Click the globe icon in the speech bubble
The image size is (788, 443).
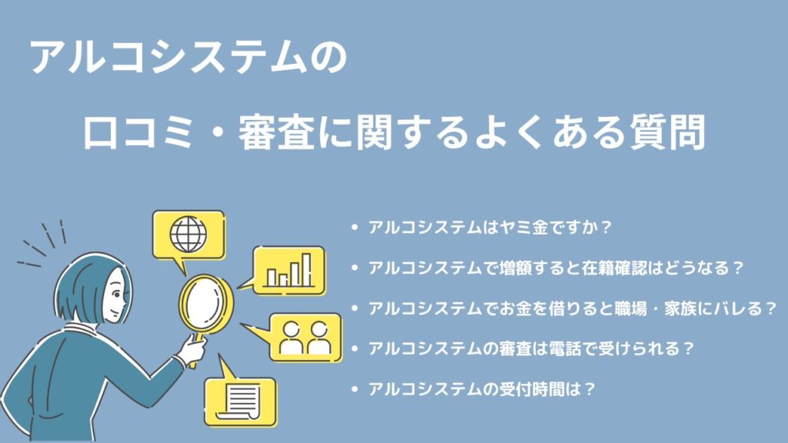point(189,235)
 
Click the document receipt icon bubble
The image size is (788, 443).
point(241,399)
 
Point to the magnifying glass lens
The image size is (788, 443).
point(205,304)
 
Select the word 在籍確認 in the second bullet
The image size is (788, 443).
point(615,268)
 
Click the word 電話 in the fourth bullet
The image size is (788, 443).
point(566,348)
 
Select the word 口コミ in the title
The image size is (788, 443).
point(139,133)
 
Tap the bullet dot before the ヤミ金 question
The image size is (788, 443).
point(356,228)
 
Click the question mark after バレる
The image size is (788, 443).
point(771,308)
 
